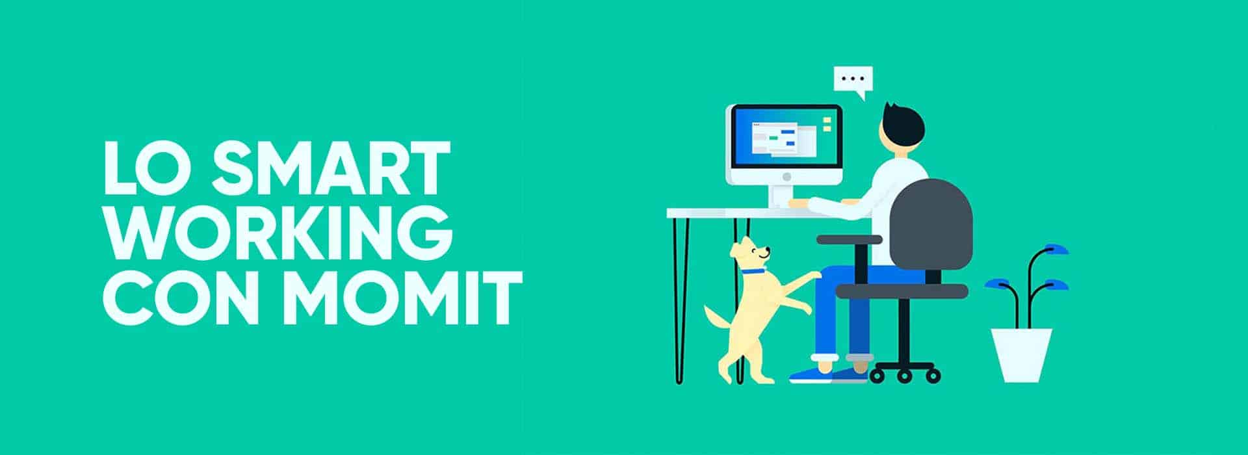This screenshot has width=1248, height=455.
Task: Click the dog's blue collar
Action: point(753,271)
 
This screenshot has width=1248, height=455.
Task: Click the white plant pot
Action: point(1020,355)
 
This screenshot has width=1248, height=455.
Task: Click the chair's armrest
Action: point(849,239)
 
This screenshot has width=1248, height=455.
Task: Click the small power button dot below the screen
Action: point(786,176)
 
